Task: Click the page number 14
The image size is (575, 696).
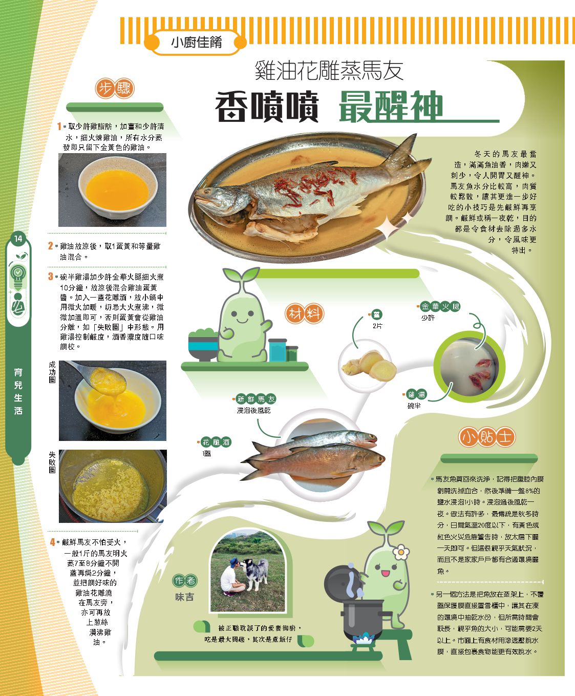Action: [18, 239]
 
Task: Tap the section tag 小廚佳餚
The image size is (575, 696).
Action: [196, 43]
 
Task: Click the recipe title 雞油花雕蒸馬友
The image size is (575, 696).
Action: [329, 70]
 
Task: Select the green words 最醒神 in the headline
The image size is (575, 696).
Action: [391, 107]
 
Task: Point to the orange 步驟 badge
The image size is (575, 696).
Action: [115, 88]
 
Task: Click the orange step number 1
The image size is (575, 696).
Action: [59, 126]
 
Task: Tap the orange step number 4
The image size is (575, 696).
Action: [52, 542]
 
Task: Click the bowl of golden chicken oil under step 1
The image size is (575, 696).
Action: [117, 188]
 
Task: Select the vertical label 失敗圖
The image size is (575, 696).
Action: [52, 462]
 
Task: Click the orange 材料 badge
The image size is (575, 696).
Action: [304, 313]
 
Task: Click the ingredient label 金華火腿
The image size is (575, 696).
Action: [440, 306]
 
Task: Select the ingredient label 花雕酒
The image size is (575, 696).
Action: [216, 442]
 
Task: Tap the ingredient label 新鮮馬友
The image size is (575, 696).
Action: [256, 398]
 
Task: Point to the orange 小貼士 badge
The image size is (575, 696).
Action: [486, 437]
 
